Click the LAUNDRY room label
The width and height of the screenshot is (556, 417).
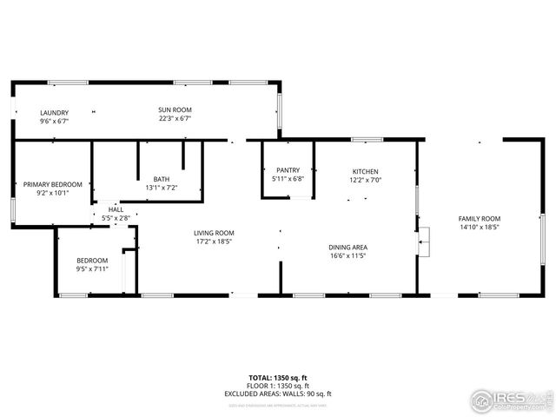click(x=54, y=112)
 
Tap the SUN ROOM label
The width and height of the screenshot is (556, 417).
click(x=175, y=109)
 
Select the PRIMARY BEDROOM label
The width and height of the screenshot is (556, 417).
click(x=53, y=184)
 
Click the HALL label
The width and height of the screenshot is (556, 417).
click(x=116, y=209)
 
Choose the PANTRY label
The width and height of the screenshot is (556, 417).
click(x=288, y=170)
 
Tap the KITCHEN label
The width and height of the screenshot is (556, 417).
click(x=366, y=171)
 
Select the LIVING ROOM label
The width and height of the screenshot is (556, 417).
click(x=214, y=232)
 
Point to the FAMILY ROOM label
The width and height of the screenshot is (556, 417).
click(x=480, y=218)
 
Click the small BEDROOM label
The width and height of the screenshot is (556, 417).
click(x=92, y=261)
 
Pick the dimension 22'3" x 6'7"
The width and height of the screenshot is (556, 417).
click(x=175, y=119)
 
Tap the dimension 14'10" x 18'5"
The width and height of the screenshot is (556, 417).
click(x=480, y=227)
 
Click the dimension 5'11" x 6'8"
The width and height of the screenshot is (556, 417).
click(x=288, y=179)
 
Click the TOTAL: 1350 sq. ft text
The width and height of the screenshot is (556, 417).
click(x=278, y=378)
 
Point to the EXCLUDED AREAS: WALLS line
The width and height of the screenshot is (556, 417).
click(x=278, y=394)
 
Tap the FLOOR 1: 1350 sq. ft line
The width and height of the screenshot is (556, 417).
click(x=278, y=386)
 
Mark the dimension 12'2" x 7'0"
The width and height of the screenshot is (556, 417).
click(x=366, y=180)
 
